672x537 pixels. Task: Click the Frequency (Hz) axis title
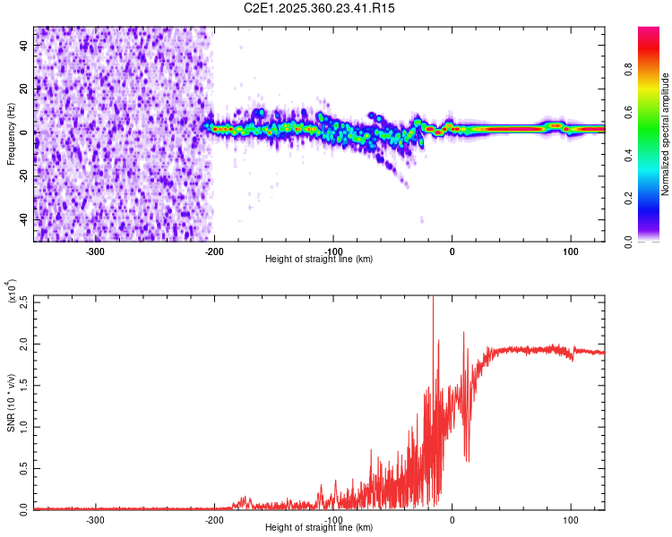[11, 134]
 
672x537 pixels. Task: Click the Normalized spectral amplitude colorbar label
[666, 134]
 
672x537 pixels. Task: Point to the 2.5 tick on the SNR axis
[23, 303]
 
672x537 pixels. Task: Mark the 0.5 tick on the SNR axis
[23, 467]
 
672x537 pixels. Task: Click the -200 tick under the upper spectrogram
[213, 251]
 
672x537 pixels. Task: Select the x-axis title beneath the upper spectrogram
[319, 260]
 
